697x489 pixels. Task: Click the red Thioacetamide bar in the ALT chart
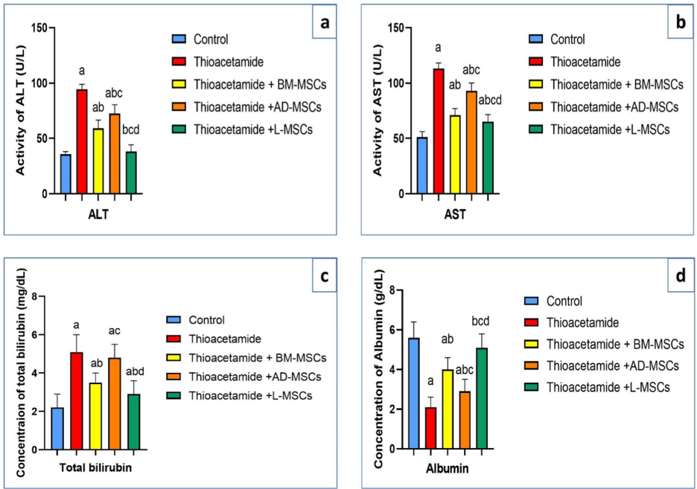pos(82,141)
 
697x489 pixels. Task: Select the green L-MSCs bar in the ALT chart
pos(131,173)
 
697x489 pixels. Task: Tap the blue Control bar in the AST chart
pos(422,165)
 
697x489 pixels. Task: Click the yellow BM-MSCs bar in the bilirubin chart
pos(96,416)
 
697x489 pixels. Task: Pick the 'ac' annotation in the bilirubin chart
pos(114,330)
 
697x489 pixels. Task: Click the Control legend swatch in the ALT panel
pos(178,39)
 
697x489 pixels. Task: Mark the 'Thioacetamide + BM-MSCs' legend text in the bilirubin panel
pos(257,358)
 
